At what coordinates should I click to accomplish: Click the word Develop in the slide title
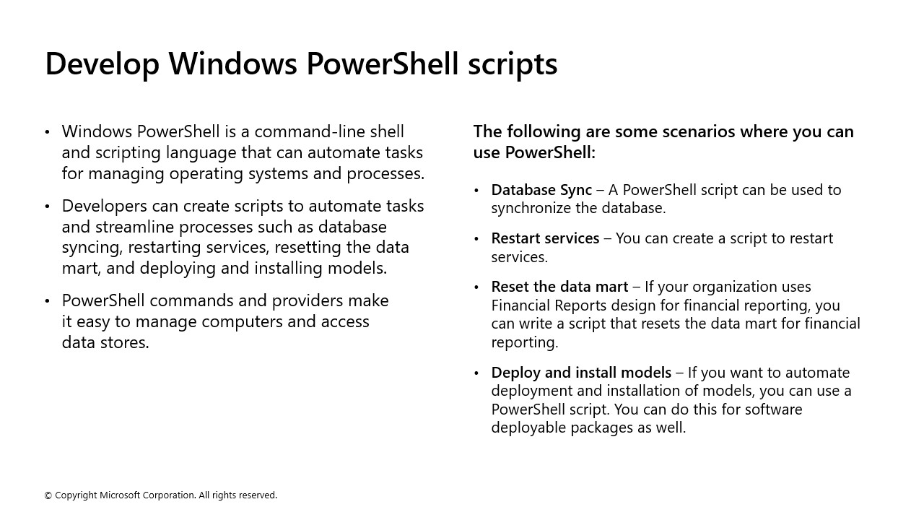pyautogui.click(x=102, y=64)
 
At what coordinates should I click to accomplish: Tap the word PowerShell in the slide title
pyautogui.click(x=382, y=64)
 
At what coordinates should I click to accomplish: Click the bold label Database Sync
pyautogui.click(x=541, y=190)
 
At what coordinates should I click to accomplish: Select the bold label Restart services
pyautogui.click(x=545, y=238)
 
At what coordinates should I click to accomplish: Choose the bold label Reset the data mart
pyautogui.click(x=559, y=287)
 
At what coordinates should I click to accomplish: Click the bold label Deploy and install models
pyautogui.click(x=581, y=373)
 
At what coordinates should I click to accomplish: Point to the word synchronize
pyautogui.click(x=533, y=208)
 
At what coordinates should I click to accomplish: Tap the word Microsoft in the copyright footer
pyautogui.click(x=119, y=495)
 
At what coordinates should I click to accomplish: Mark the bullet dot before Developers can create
pyautogui.click(x=48, y=207)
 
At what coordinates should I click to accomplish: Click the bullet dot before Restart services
pyautogui.click(x=476, y=239)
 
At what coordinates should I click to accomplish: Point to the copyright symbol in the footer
pyautogui.click(x=48, y=495)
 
